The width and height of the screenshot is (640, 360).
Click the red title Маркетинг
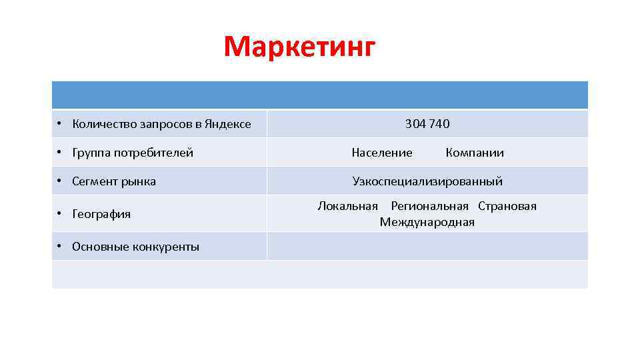[300, 47]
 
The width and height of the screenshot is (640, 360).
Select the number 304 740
[427, 124]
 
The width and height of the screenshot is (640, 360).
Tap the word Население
[382, 153]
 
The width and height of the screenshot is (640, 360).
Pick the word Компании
[475, 153]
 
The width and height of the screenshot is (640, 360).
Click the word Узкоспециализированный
[427, 181]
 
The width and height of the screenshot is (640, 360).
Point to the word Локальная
[347, 206]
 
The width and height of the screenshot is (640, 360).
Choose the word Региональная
[429, 206]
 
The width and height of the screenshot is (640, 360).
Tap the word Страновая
[507, 206]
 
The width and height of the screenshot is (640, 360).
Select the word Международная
[427, 222]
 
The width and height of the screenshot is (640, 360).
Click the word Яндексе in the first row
[229, 124]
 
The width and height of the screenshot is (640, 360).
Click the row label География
[101, 214]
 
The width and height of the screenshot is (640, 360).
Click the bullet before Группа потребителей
[59, 153]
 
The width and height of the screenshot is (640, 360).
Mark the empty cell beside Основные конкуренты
[427, 246]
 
